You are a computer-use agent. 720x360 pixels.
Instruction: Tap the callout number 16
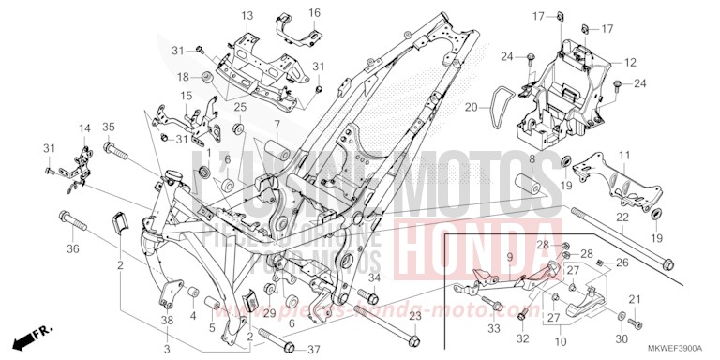coord(314,12)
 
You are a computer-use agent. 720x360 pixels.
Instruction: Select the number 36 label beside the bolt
coord(72,248)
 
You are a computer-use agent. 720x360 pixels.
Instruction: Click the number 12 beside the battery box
coord(631,62)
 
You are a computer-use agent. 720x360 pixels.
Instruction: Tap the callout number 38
coord(167,322)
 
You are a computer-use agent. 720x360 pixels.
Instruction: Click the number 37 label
coord(315,349)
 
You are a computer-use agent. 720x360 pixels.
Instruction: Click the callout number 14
coord(83,127)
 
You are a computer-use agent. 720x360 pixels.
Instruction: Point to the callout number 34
coord(373,277)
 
